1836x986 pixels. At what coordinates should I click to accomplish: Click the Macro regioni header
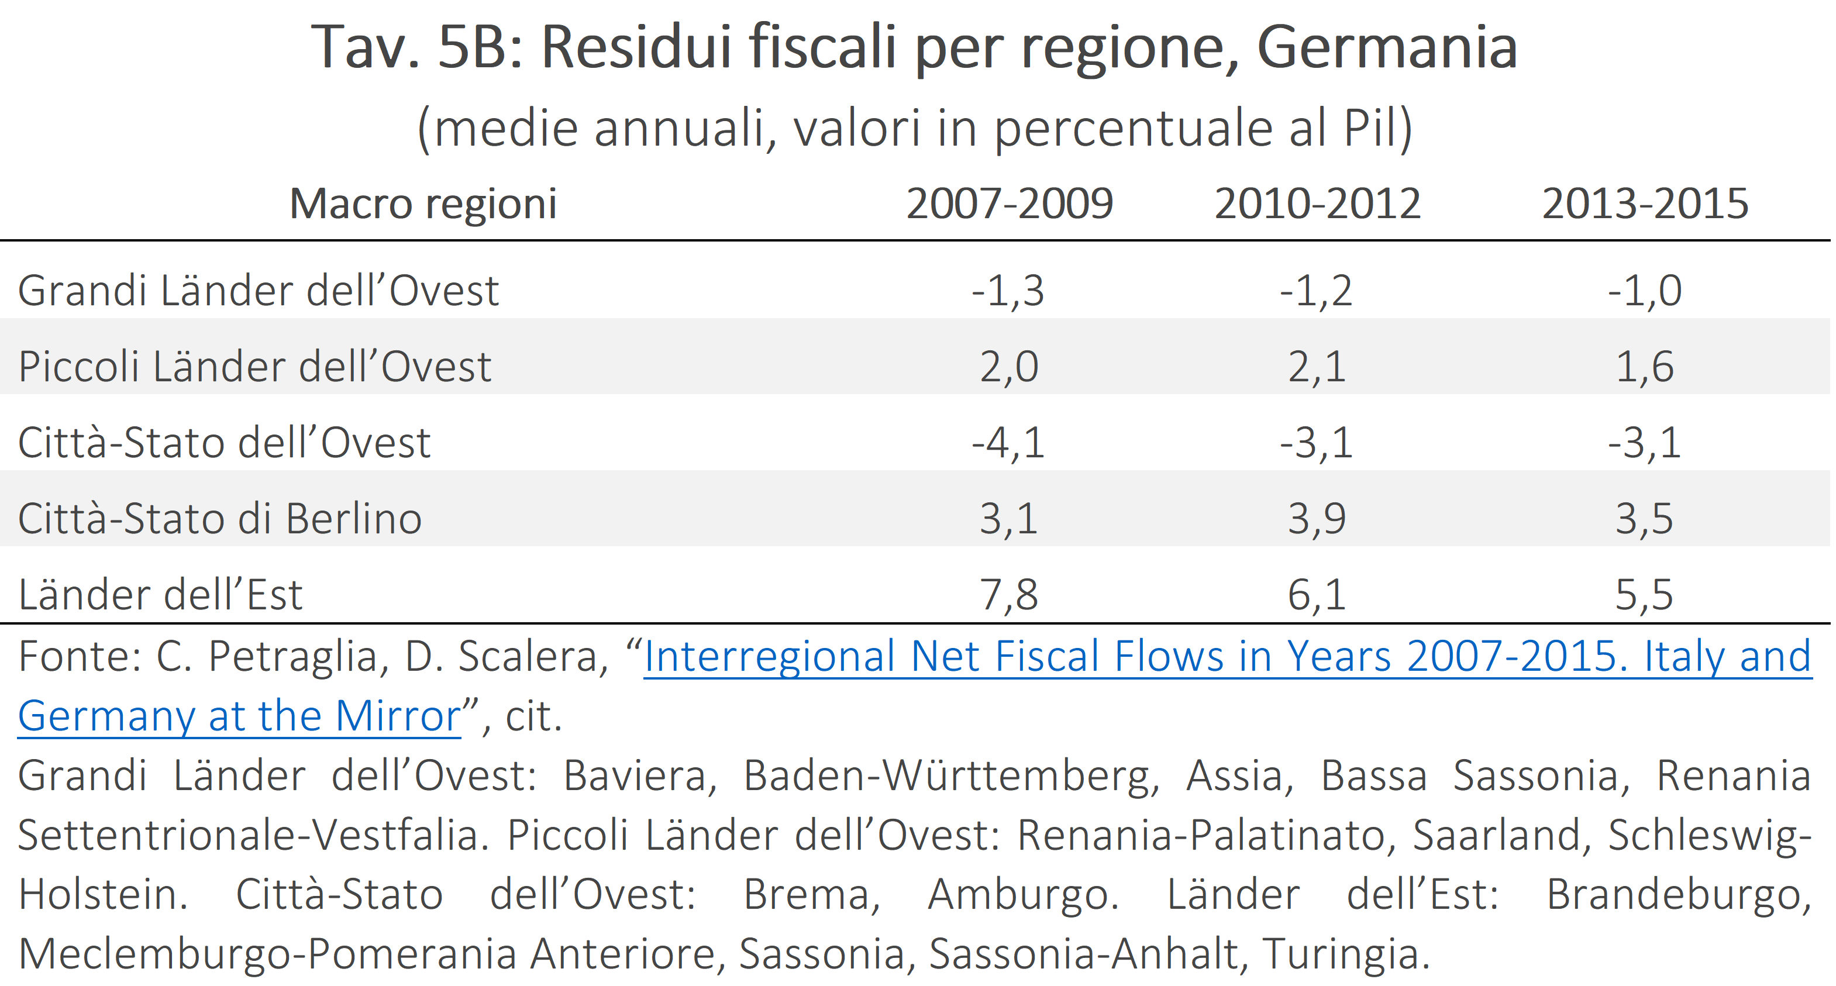[x=423, y=205]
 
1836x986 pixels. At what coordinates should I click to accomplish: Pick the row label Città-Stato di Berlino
[x=219, y=518]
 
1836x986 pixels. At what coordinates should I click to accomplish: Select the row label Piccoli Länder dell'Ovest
[x=254, y=366]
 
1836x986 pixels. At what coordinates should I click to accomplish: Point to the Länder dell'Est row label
[x=160, y=594]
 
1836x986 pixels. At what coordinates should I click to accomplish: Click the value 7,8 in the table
[x=1009, y=595]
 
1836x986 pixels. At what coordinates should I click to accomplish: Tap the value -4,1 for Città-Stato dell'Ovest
[x=1008, y=443]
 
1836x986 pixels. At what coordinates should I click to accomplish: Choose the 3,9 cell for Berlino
[x=1317, y=519]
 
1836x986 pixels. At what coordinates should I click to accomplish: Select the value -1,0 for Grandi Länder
[x=1644, y=291]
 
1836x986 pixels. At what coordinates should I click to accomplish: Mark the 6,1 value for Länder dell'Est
[x=1317, y=595]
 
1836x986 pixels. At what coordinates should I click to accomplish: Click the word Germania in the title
[x=1387, y=47]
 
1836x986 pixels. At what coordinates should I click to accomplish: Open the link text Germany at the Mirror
[x=239, y=716]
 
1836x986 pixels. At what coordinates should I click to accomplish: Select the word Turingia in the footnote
[x=1346, y=954]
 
